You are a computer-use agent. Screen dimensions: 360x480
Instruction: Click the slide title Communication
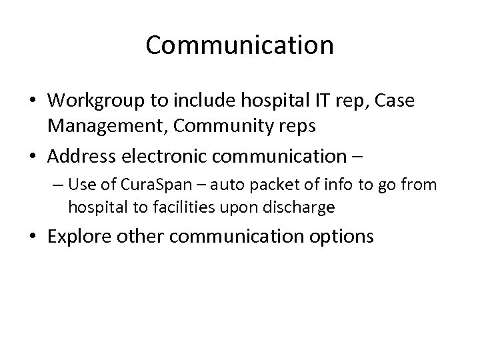[x=240, y=45]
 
